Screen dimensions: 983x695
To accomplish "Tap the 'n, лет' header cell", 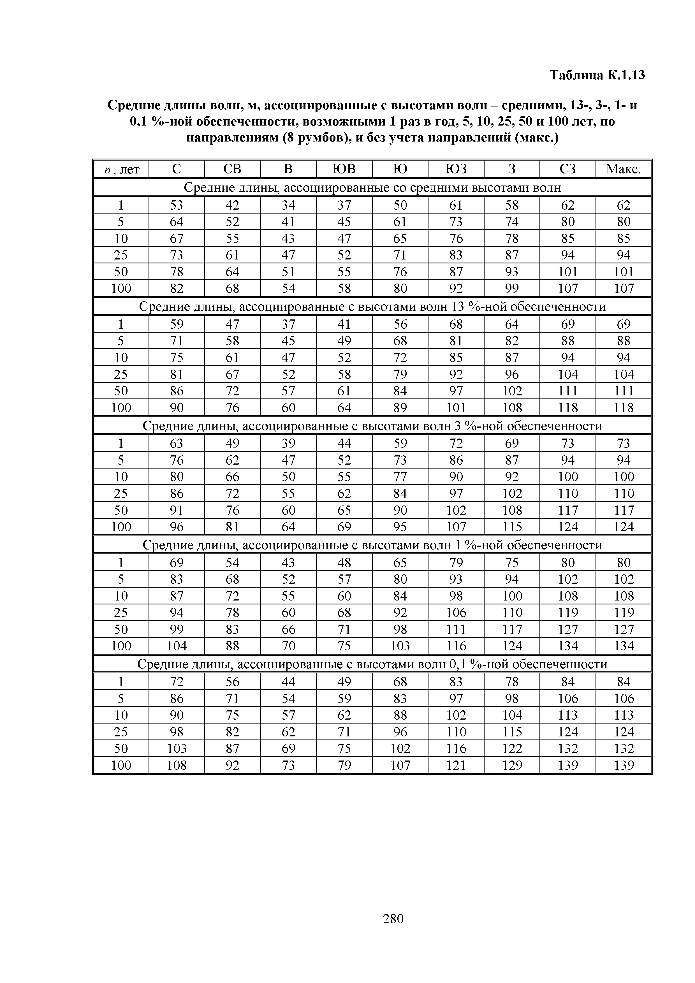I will (x=121, y=170).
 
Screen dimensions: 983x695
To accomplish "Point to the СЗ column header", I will (x=567, y=169).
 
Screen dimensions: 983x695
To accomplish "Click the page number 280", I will (x=393, y=918).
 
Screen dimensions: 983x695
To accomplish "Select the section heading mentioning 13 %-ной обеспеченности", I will (x=372, y=307).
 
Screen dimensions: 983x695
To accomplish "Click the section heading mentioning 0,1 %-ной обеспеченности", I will (x=372, y=664).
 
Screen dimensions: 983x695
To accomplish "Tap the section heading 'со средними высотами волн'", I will (x=372, y=187).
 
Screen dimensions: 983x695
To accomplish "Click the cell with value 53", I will (x=177, y=205).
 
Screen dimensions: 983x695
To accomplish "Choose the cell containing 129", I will (x=512, y=765).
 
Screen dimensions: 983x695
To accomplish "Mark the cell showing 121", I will (x=456, y=765).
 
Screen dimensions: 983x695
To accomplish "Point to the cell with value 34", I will (x=288, y=205).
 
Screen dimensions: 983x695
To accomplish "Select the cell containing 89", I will (x=400, y=408).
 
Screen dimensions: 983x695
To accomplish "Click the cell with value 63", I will (x=177, y=443).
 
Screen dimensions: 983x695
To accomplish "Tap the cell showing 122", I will (x=512, y=748).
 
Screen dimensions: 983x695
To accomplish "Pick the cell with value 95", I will (x=400, y=527).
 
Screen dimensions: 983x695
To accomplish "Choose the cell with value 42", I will (x=233, y=205).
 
